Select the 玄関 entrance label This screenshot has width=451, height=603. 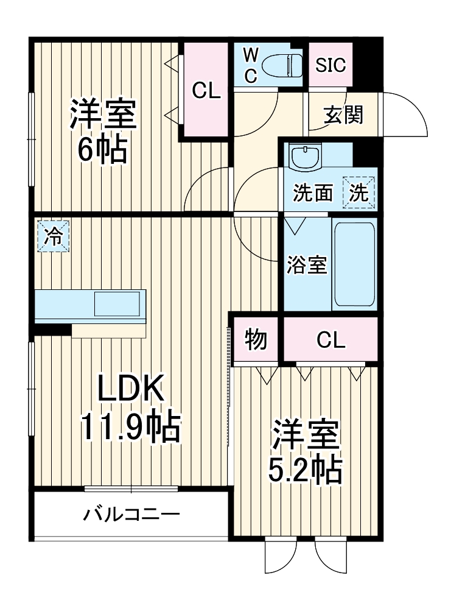[x=343, y=114]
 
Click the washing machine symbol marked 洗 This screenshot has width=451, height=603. [x=358, y=193]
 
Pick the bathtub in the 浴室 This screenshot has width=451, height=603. [x=353, y=265]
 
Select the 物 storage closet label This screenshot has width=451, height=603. [x=256, y=340]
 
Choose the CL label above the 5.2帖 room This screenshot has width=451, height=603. [x=330, y=340]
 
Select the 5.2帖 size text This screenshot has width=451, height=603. [x=305, y=468]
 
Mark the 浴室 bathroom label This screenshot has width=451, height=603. [x=307, y=265]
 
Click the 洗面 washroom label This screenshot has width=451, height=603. [x=313, y=193]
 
